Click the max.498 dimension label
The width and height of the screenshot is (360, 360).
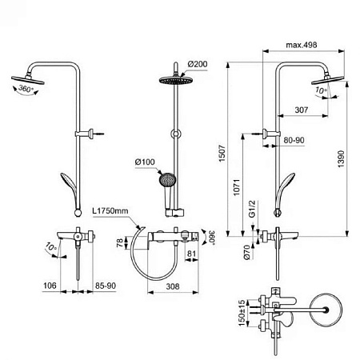pyautogui.click(x=301, y=47)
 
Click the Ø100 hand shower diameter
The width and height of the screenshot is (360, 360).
pyautogui.click(x=144, y=163)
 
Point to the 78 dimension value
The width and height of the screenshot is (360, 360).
pyautogui.click(x=120, y=242)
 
